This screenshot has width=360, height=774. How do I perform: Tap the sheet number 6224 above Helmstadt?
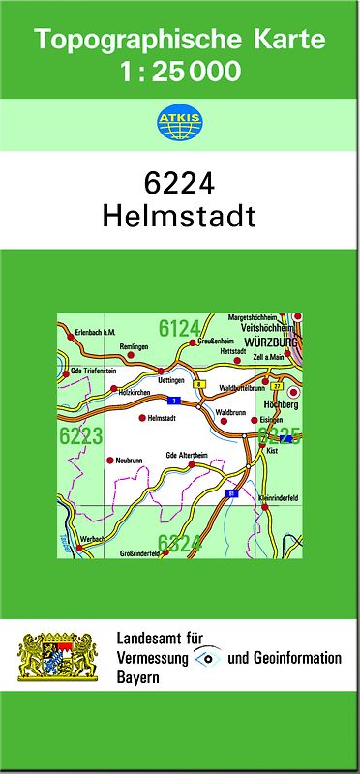point(179,184)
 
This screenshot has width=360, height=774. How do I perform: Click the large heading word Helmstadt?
point(179,216)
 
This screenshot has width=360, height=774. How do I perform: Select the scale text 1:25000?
point(179,71)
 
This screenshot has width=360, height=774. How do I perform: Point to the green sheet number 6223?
point(80,436)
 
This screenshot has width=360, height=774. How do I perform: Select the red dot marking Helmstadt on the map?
point(142,418)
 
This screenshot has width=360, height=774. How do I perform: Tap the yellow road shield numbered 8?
point(197,384)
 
